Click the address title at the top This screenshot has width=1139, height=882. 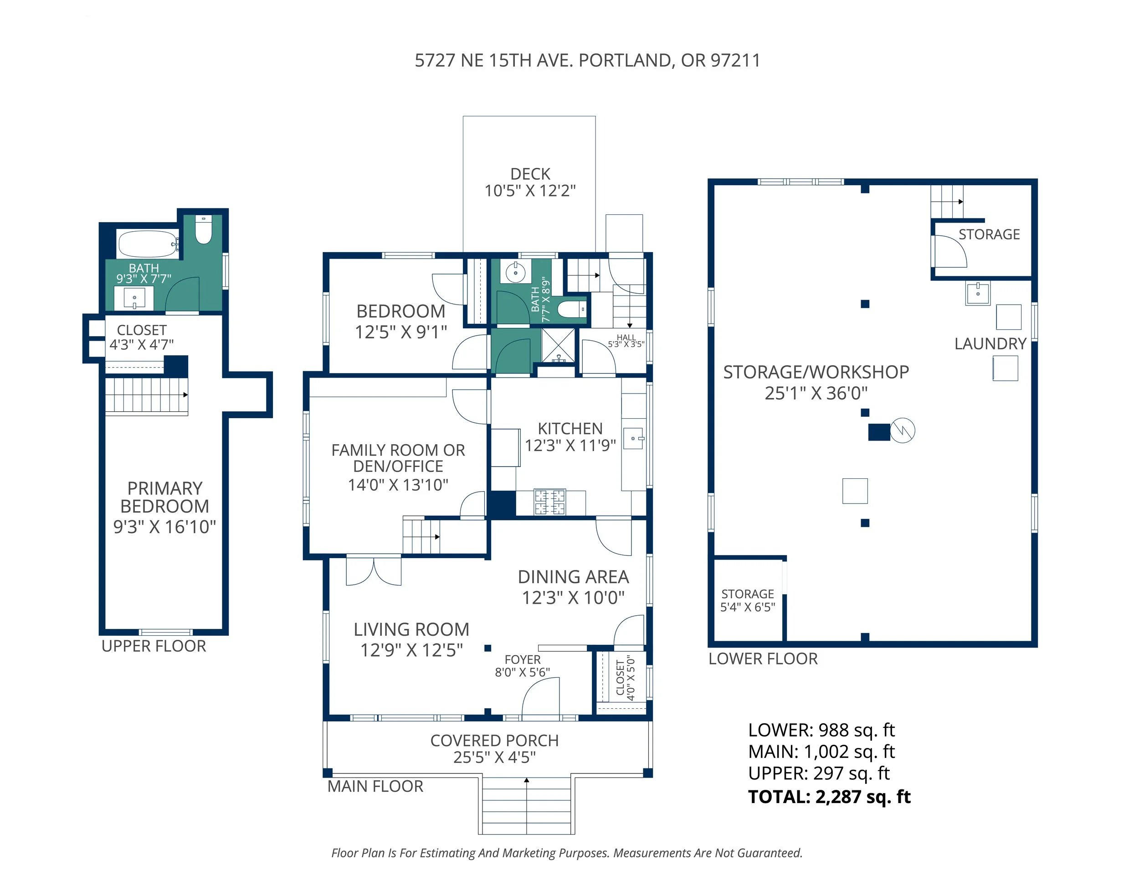point(587,61)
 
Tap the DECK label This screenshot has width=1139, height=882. point(530,174)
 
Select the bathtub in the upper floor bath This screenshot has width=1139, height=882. point(148,244)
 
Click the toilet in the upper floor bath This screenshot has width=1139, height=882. point(203,230)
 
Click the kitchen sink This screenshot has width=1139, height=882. point(634,439)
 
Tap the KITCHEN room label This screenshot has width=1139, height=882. point(570,429)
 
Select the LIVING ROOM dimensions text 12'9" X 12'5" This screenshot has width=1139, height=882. point(411,650)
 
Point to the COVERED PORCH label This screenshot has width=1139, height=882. point(494,741)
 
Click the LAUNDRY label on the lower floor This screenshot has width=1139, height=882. point(990,344)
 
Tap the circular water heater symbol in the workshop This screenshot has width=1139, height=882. point(902,431)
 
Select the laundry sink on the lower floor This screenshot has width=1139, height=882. point(978,293)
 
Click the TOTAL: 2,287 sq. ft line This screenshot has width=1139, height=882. point(829,797)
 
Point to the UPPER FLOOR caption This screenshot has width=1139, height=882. point(154,646)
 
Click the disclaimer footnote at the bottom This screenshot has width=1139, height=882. point(567,853)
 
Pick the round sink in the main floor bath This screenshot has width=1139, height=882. point(516,272)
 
